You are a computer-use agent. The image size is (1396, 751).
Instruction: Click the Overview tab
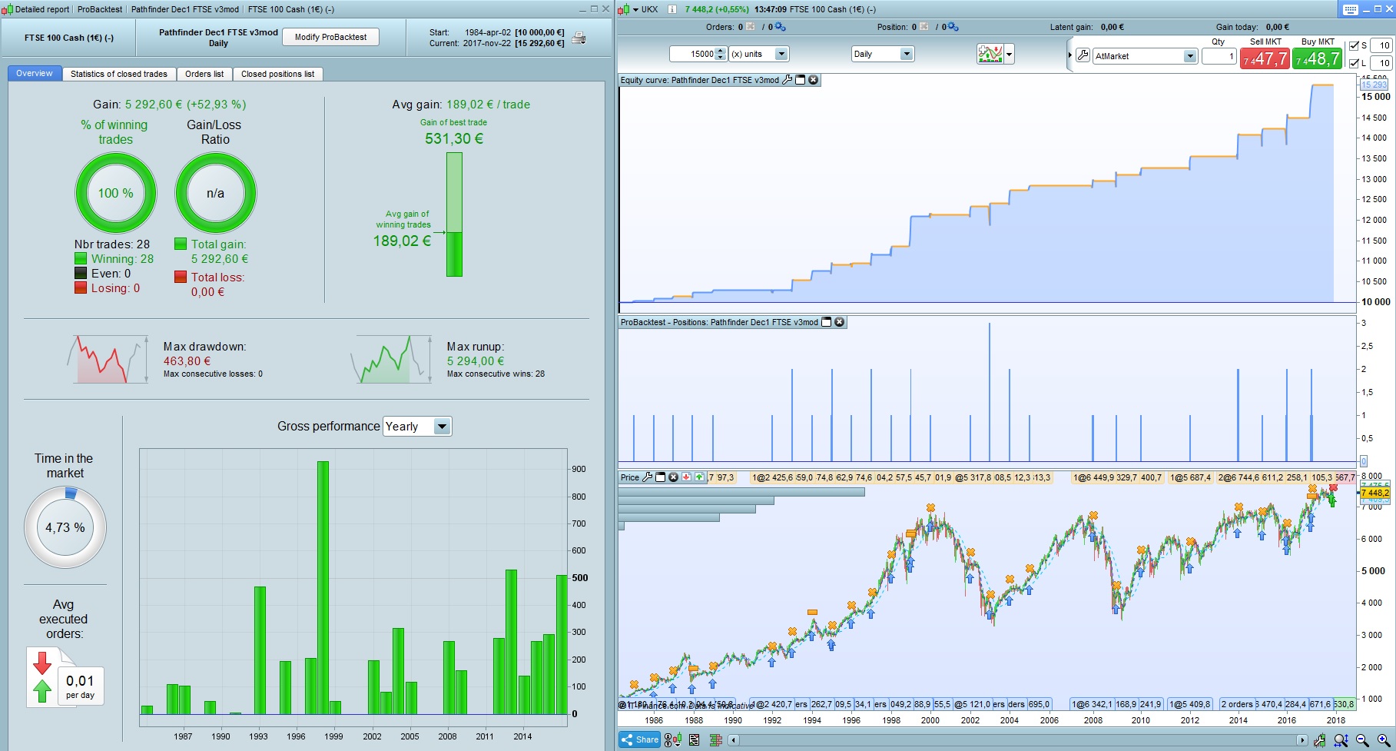(x=35, y=74)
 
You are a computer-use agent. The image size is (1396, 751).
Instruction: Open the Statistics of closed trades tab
(x=118, y=74)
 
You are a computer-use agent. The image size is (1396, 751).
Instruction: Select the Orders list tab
(x=204, y=74)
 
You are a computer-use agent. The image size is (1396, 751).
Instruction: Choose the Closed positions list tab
(x=277, y=74)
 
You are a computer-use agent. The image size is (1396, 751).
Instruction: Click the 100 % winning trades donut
(x=115, y=193)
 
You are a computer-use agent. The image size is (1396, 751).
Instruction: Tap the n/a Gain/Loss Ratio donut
(x=215, y=193)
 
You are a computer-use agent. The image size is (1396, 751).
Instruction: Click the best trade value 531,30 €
(x=454, y=139)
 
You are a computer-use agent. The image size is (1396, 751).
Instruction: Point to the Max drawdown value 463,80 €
(x=187, y=361)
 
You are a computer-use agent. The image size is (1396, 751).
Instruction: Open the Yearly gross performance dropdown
(x=417, y=427)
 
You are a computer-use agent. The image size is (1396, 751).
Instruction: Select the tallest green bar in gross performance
(x=323, y=587)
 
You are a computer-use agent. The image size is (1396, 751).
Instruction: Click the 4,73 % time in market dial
(x=65, y=527)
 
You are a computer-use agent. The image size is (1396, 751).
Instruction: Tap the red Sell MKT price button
(x=1265, y=58)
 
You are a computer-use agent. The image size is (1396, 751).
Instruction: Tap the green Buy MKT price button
(x=1317, y=58)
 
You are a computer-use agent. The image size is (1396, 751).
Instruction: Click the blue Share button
(x=640, y=739)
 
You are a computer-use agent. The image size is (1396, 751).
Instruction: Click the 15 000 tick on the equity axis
(x=1375, y=97)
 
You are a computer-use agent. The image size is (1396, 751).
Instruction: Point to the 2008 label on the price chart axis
(x=1093, y=720)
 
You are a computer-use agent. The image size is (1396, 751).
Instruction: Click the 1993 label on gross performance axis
(x=258, y=736)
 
